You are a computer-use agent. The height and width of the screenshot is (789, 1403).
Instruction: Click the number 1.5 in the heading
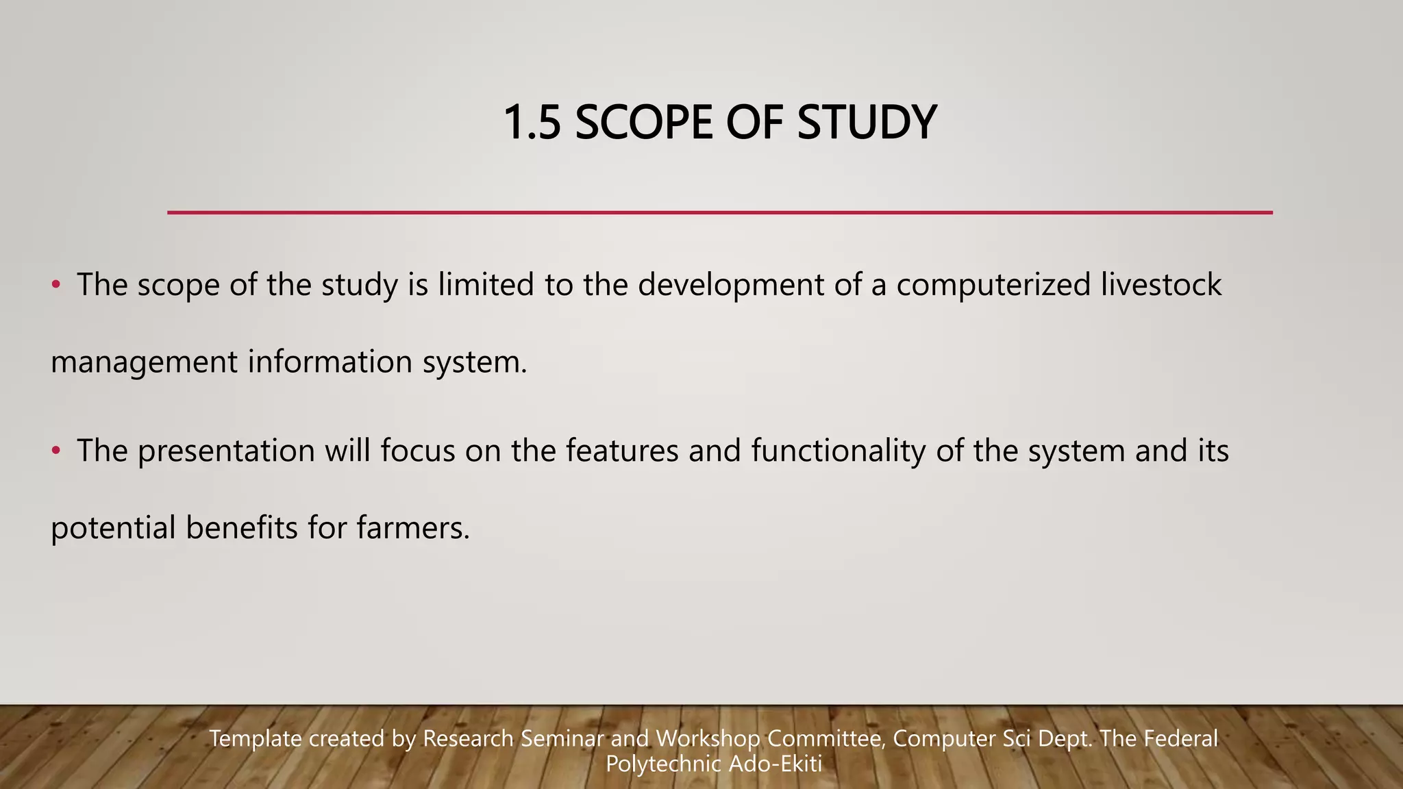532,123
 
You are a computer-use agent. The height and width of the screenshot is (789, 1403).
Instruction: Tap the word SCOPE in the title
643,123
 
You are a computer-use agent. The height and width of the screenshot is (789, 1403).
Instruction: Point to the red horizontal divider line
719,213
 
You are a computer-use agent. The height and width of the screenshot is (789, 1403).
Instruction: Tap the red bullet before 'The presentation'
57,451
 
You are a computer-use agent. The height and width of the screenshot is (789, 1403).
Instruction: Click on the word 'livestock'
1161,285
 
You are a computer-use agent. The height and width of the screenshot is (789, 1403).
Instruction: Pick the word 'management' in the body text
144,362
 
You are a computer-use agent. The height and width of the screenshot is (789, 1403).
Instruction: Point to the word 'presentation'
226,451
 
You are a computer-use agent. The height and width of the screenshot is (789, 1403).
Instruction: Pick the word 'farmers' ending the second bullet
413,528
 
